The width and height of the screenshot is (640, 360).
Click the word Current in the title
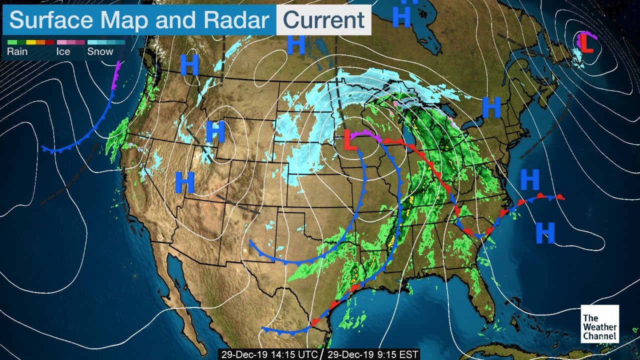323,20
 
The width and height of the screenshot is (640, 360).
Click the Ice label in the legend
63,51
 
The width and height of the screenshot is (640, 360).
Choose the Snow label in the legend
99,51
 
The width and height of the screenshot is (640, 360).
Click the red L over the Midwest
351,140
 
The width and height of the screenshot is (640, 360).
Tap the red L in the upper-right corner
586,43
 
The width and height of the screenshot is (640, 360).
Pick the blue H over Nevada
184,182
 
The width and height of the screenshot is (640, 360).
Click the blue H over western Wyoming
215,132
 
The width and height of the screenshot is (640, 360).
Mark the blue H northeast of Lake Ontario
491,107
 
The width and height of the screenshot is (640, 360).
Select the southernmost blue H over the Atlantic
545,232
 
